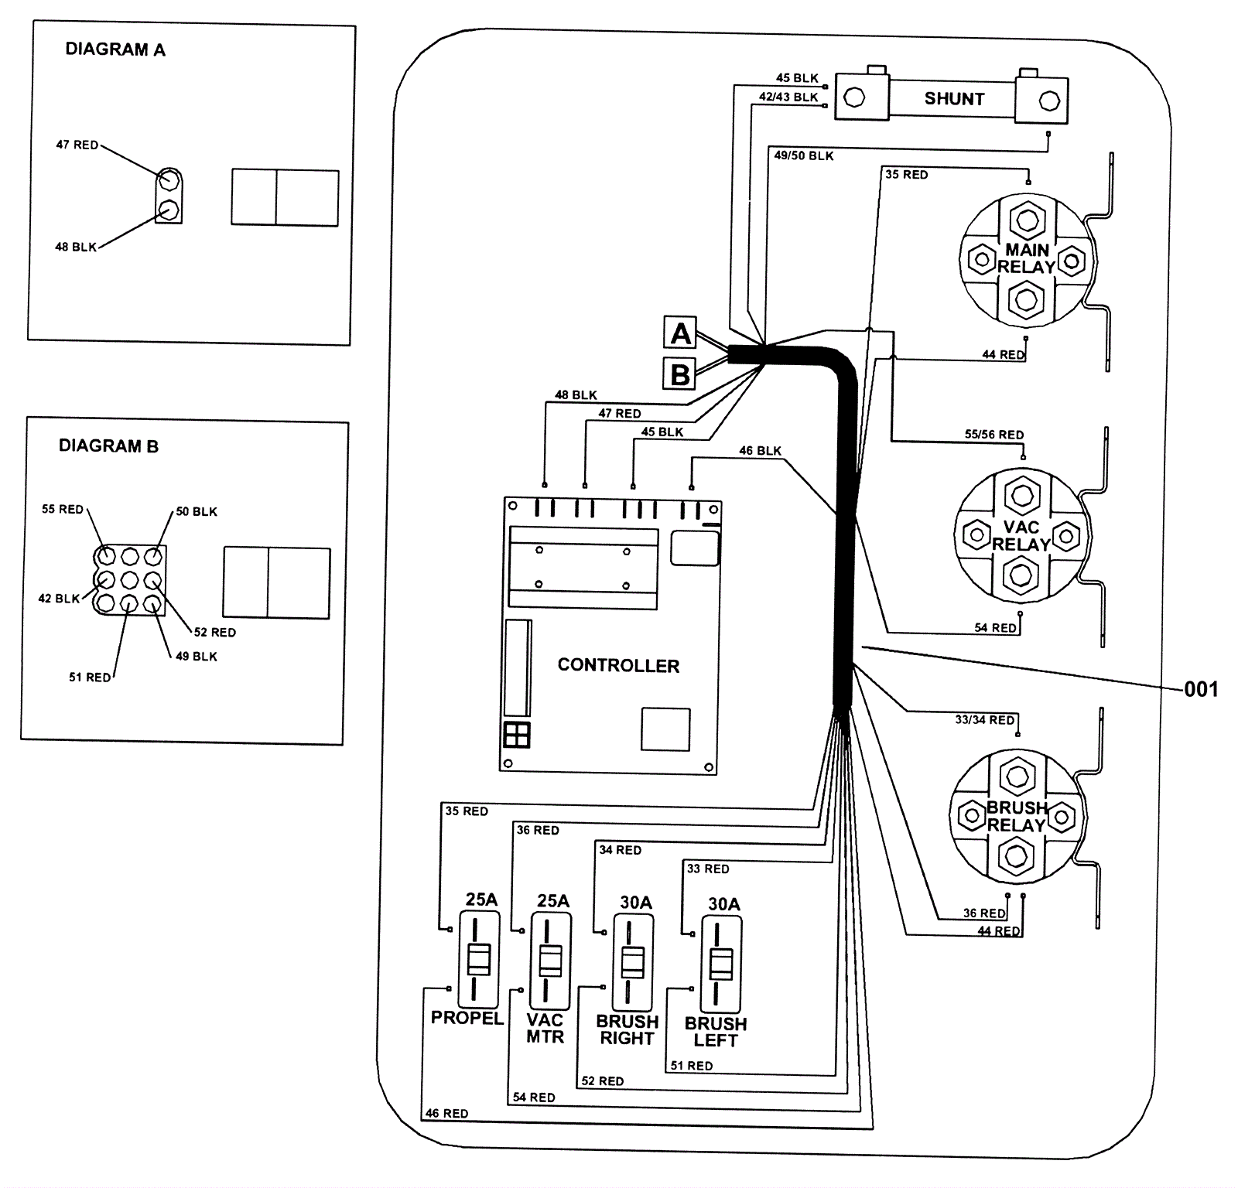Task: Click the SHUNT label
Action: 954,99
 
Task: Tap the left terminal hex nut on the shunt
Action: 854,98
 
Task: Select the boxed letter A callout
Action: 680,333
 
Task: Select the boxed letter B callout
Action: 680,374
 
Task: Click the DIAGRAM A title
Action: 115,49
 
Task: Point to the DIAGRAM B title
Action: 108,446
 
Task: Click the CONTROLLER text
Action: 618,666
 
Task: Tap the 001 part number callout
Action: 1201,689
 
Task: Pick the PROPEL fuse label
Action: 467,1018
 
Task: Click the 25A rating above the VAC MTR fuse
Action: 553,901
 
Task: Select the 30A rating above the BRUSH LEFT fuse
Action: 723,904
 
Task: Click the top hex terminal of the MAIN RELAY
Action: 1028,220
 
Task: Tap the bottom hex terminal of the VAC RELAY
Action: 1021,575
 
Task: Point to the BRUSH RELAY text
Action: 1017,817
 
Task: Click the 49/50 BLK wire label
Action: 804,156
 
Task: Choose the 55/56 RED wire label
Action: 993,435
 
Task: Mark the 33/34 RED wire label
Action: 984,720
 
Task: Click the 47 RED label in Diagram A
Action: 77,145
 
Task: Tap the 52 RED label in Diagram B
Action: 214,632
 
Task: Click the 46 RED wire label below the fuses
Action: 446,1114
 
